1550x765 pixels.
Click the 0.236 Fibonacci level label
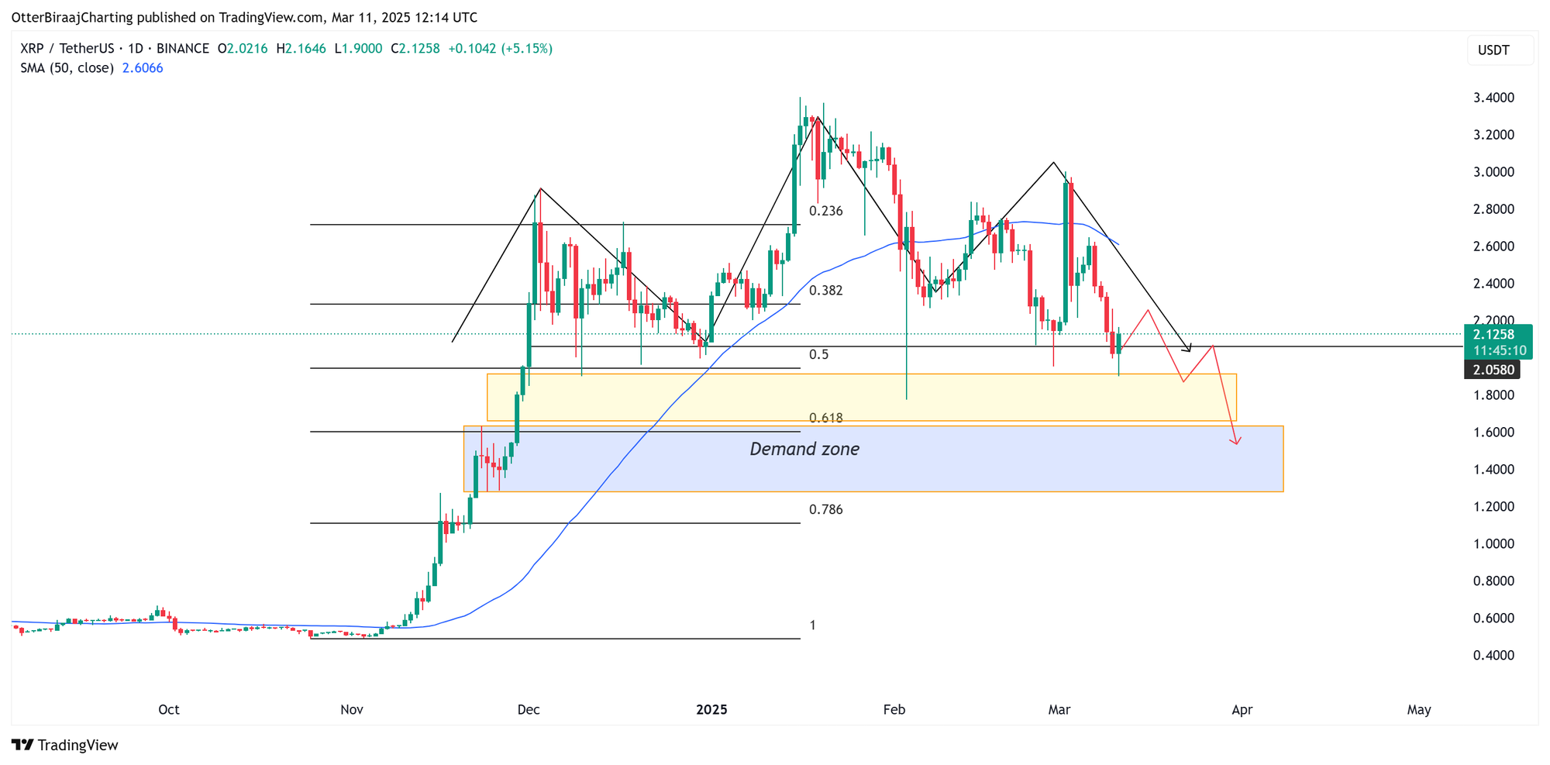tap(825, 211)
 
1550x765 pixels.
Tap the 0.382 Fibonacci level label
tap(825, 291)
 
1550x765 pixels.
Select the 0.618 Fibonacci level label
tap(825, 418)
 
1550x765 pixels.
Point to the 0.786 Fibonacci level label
tap(825, 509)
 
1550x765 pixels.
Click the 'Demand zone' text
tap(804, 449)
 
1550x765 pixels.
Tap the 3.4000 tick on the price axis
tap(1493, 98)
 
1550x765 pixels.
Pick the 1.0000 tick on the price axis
tap(1493, 544)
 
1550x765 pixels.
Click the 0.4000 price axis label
tap(1493, 656)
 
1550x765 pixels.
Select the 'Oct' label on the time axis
tap(168, 709)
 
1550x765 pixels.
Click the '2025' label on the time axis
tap(711, 709)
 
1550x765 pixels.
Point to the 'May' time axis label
tap(1419, 709)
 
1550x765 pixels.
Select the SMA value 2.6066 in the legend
tap(143, 68)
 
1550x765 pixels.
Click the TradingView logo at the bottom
tap(66, 745)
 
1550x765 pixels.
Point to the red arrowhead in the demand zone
tap(1237, 441)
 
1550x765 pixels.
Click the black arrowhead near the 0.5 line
tap(1187, 348)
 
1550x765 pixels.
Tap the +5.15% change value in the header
tap(527, 49)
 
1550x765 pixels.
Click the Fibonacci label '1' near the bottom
tap(812, 625)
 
